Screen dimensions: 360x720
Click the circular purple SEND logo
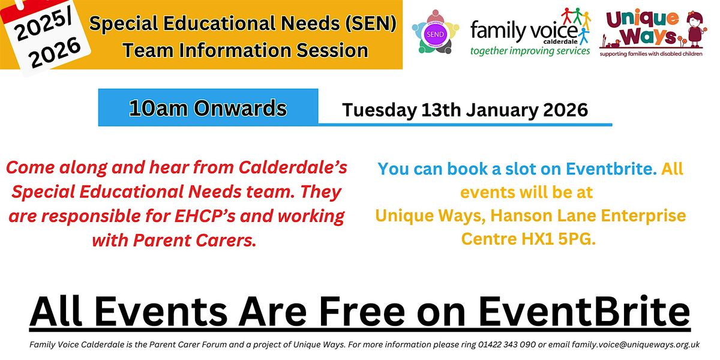coord(435,34)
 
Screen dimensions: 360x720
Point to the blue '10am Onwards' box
coord(208,108)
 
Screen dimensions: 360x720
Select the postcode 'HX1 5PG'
coord(563,238)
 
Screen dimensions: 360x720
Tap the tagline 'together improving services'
coord(530,51)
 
